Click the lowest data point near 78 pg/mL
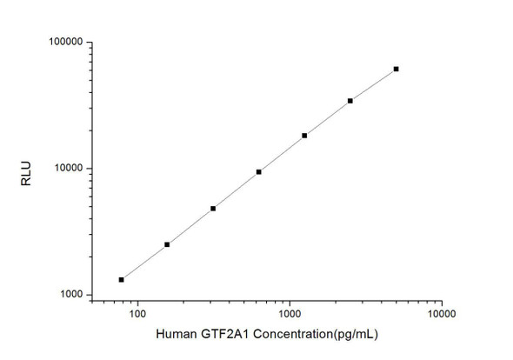point(122,279)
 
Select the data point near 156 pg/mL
point(167,244)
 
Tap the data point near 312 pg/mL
point(213,209)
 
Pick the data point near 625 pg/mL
point(259,172)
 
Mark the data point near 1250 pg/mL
point(304,136)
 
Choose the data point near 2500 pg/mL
point(350,101)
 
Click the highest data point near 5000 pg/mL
point(396,69)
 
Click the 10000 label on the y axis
point(66,169)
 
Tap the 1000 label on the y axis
point(69,296)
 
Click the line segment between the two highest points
point(374,84)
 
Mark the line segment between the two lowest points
point(144,262)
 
